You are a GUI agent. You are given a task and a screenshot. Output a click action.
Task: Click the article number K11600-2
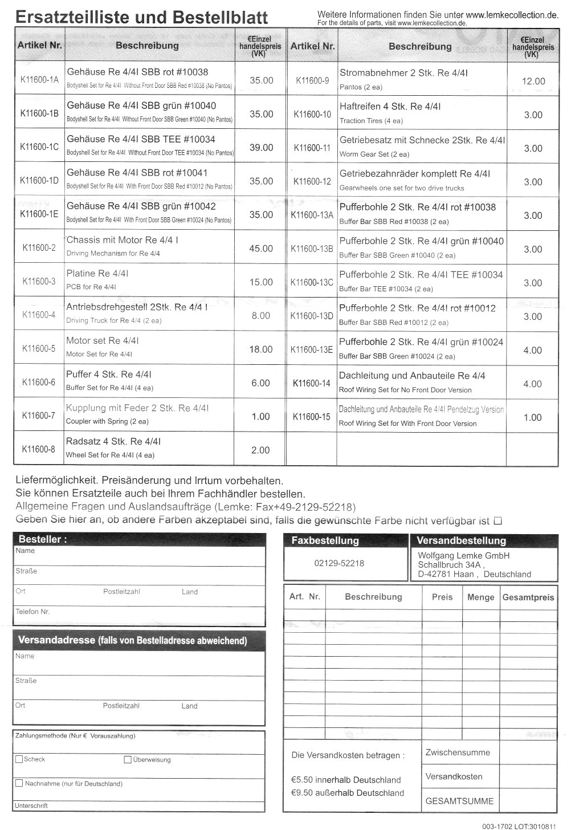[x=39, y=248]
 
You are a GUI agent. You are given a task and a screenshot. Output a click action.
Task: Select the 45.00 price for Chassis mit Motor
[x=261, y=249]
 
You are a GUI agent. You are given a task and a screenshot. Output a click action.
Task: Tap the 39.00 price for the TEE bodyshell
[x=261, y=148]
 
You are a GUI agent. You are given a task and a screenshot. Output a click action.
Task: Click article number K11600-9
[x=312, y=81]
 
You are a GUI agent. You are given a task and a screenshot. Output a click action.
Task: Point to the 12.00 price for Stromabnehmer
[x=533, y=82]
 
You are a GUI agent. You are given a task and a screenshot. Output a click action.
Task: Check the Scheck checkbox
[x=19, y=759]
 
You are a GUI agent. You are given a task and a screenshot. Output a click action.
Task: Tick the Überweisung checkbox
[x=128, y=759]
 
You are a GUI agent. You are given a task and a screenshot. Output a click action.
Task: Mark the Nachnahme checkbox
[x=19, y=783]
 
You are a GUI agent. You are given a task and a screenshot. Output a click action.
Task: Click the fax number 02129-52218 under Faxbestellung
[x=338, y=563]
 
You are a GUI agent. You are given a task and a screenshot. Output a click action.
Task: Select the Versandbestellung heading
[x=461, y=540]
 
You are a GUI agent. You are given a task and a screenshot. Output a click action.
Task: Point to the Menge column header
[x=480, y=597]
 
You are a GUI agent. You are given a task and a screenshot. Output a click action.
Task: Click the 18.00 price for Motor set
[x=261, y=349]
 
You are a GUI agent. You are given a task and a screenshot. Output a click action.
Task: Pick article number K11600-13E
[x=312, y=349]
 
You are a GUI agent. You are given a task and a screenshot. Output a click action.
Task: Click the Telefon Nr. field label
[x=32, y=612]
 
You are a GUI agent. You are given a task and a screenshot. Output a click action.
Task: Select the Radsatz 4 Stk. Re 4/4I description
[x=113, y=442]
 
